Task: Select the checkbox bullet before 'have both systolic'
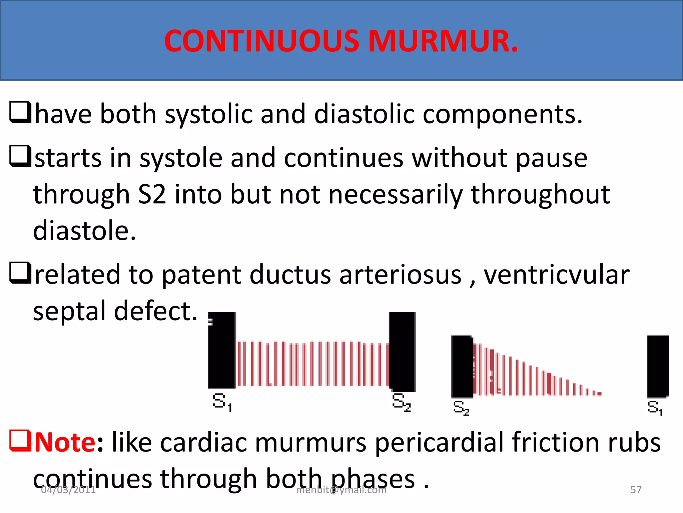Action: (20, 113)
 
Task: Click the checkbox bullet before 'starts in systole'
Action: (20, 156)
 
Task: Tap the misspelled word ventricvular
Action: (556, 275)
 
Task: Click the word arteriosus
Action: (400, 275)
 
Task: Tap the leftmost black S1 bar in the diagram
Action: (222, 350)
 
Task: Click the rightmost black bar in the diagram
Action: (657, 366)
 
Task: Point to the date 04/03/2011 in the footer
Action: (68, 490)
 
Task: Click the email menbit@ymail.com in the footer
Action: (341, 490)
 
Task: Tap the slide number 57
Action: (636, 490)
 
